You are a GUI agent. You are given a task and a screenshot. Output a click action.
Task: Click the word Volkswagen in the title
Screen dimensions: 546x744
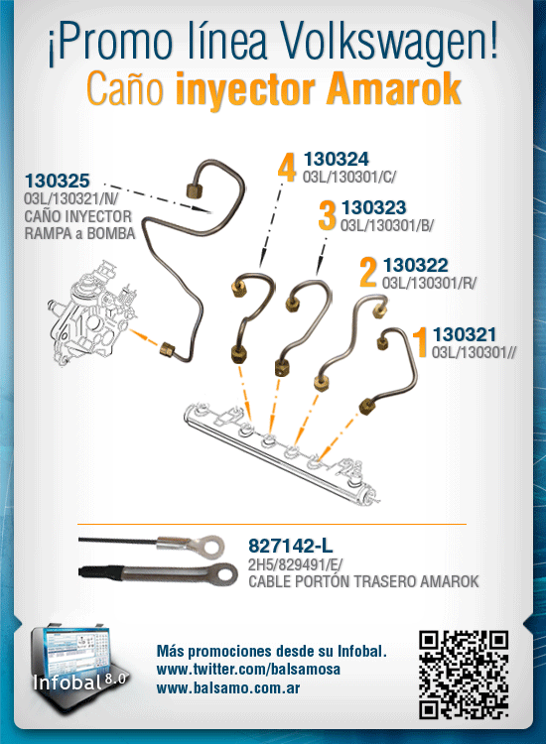coord(390,44)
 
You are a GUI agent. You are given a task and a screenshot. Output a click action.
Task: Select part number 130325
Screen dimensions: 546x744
coord(57,181)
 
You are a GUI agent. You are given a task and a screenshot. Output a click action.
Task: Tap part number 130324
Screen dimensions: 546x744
coord(336,159)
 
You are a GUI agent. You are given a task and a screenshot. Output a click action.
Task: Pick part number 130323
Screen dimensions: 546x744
coord(373,207)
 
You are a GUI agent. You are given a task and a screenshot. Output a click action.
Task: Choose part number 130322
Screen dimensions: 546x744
coord(415,265)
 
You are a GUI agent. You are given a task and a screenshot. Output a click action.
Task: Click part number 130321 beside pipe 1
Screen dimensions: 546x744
coord(464,334)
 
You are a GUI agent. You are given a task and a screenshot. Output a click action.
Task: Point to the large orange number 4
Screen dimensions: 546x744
coord(287,167)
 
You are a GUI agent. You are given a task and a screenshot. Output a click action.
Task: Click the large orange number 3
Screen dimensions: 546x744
coord(327,215)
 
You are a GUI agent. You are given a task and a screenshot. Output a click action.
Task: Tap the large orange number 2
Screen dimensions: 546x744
coord(368,273)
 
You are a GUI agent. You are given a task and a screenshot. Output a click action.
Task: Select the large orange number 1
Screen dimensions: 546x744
coord(420,341)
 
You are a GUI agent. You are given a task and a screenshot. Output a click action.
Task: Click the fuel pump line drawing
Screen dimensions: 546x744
coord(90,313)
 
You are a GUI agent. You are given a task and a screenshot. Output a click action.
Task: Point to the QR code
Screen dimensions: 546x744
coord(464,675)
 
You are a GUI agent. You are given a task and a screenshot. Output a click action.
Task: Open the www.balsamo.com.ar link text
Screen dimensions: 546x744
coord(228,688)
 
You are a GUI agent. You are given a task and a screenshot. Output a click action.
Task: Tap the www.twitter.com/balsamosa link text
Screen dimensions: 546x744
coord(248,669)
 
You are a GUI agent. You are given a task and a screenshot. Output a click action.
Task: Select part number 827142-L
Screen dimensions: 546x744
coord(291,547)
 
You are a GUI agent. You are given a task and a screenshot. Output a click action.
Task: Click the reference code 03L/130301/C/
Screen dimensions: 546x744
coord(349,177)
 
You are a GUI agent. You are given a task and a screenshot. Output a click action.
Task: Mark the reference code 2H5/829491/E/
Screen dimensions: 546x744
coord(295,564)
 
